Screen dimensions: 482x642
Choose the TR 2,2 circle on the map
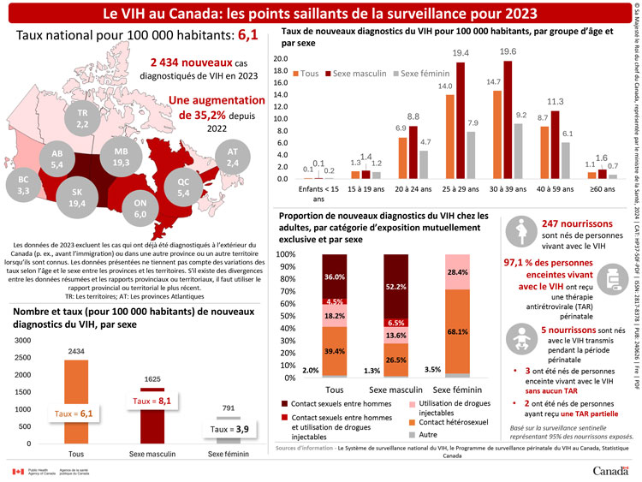coord(82,119)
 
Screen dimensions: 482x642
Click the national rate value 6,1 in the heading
coord(247,35)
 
